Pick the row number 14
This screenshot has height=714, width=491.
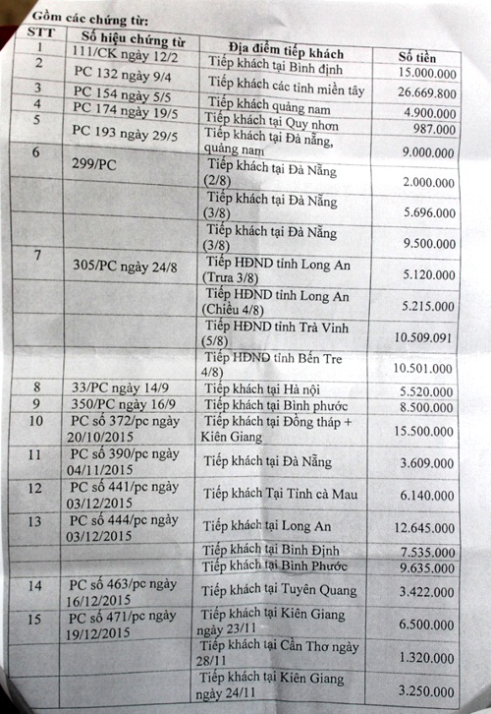(36, 586)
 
